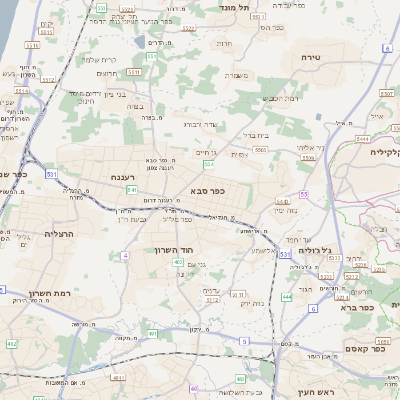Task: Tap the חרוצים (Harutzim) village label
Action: click(108, 73)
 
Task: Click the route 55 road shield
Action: click(303, 192)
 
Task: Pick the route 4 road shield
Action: click(126, 256)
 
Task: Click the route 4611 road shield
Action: click(117, 378)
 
